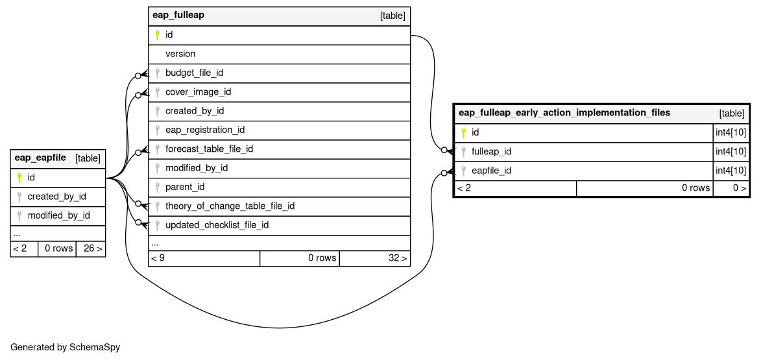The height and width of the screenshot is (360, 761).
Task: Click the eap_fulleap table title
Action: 178,15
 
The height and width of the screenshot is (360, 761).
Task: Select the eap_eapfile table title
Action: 40,157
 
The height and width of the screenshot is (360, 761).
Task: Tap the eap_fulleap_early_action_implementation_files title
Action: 564,113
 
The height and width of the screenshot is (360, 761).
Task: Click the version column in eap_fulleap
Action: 180,54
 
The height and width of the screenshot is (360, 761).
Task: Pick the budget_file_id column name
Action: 194,73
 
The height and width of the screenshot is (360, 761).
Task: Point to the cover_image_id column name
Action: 198,91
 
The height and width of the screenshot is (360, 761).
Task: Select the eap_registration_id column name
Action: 205,130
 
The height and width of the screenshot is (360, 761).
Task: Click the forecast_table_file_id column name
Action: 209,149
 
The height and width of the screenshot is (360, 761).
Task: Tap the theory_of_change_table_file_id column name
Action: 230,206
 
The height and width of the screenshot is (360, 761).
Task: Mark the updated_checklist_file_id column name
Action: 217,225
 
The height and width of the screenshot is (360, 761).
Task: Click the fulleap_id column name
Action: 491,151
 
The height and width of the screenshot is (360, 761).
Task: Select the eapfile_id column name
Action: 491,171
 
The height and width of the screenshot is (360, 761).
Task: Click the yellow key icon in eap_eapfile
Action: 19,178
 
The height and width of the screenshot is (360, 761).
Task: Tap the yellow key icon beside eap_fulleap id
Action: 157,35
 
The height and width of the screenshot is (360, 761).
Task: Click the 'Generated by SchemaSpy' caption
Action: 65,347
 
